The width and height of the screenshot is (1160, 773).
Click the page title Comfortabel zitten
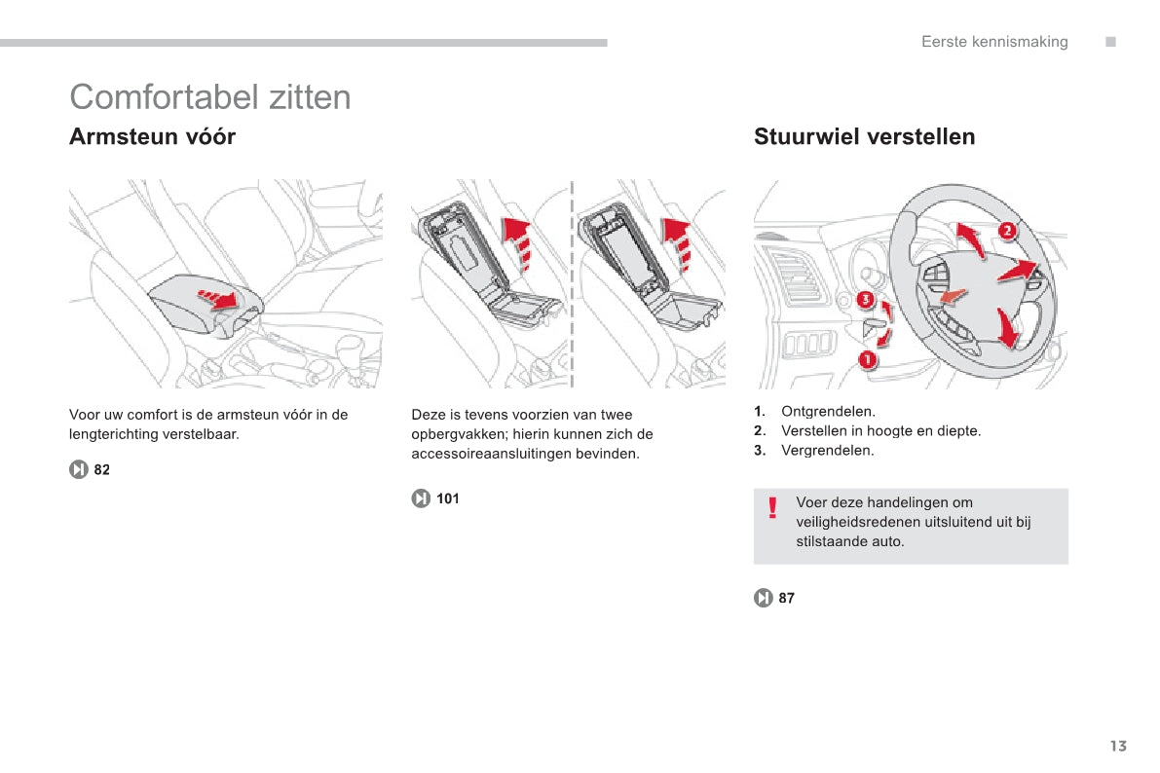click(x=210, y=97)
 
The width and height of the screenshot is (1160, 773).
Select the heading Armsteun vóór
click(x=152, y=137)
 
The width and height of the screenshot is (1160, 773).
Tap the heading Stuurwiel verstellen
click(x=864, y=137)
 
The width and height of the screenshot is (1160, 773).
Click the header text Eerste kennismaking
click(x=994, y=42)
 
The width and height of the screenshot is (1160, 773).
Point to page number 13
click(x=1117, y=747)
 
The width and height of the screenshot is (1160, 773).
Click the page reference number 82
click(x=102, y=470)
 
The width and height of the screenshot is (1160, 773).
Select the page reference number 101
click(x=448, y=499)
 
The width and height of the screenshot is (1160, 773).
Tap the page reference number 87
click(x=787, y=599)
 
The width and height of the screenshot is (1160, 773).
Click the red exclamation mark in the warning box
click(x=772, y=508)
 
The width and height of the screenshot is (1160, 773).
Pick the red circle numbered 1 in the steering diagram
click(x=867, y=360)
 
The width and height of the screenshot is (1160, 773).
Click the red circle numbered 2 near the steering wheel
click(x=1007, y=231)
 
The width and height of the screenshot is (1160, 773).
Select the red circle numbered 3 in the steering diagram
click(x=864, y=301)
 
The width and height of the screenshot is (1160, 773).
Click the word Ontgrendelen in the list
click(x=828, y=412)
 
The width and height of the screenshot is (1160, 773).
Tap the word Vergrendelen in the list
click(x=828, y=451)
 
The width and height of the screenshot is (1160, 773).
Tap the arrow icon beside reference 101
click(x=421, y=499)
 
